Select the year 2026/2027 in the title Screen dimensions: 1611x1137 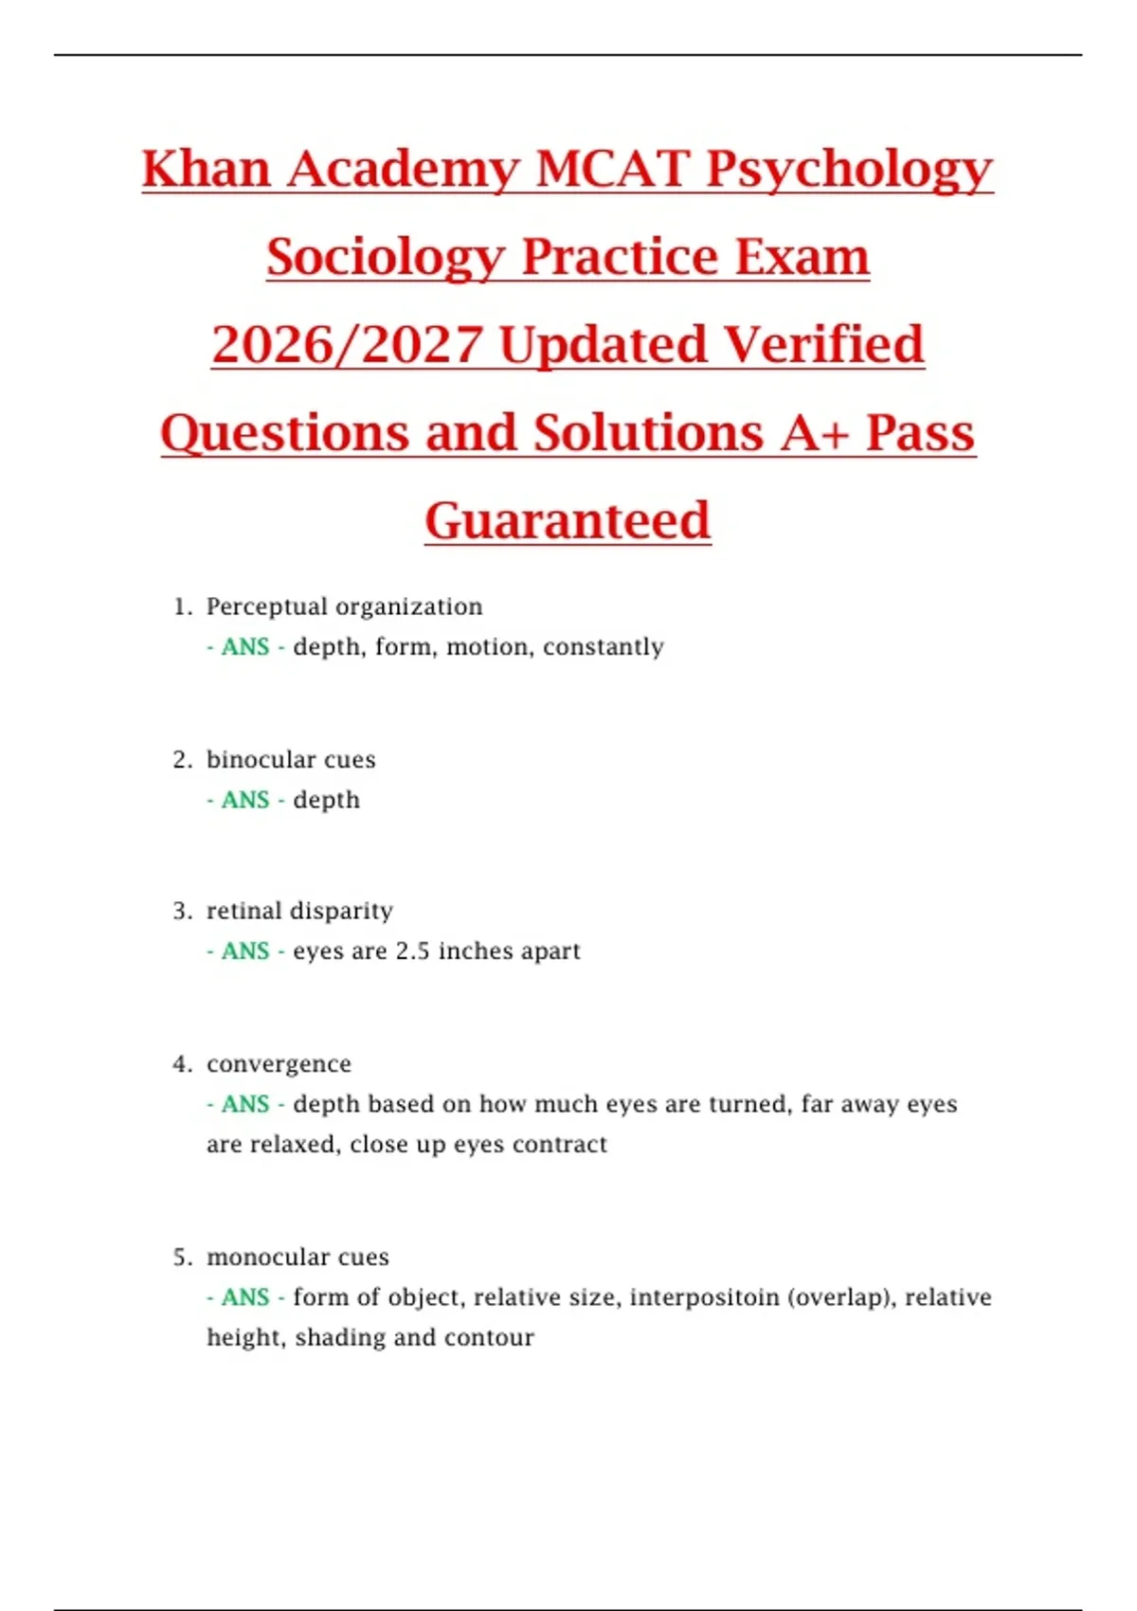tap(348, 344)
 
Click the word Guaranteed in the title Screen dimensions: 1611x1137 tap(568, 520)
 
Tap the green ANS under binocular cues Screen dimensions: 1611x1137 tap(245, 801)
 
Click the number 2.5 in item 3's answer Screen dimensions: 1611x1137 tap(412, 951)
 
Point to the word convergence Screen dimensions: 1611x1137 tap(279, 1064)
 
